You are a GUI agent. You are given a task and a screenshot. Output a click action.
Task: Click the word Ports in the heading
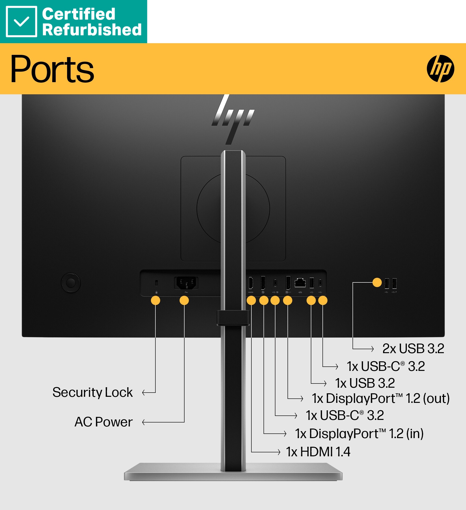(x=52, y=69)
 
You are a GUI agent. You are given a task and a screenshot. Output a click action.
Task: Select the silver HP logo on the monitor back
(x=233, y=119)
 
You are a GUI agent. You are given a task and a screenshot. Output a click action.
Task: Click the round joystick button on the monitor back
(x=71, y=283)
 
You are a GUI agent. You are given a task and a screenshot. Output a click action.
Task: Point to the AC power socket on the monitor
(x=186, y=283)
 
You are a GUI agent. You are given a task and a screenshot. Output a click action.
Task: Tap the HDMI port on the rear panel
(x=250, y=283)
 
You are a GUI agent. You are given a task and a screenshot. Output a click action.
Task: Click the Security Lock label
(x=93, y=392)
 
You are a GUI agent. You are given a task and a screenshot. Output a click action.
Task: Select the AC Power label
(x=103, y=422)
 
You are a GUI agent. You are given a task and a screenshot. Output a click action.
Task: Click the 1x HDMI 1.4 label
(x=318, y=452)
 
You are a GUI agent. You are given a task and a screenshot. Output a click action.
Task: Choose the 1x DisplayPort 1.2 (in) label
(x=359, y=434)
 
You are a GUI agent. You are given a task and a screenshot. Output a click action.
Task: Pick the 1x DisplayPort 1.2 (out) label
(x=381, y=398)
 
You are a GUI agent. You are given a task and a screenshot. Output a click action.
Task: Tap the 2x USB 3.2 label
(x=413, y=349)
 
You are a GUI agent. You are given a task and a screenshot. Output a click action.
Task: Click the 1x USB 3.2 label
(x=365, y=383)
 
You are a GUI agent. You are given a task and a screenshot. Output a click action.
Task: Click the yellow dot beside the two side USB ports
(x=377, y=282)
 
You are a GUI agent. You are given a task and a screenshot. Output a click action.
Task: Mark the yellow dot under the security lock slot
(x=156, y=301)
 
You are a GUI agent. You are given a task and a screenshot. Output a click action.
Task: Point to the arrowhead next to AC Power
(x=144, y=422)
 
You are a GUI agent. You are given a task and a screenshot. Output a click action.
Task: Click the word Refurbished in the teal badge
(x=92, y=30)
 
